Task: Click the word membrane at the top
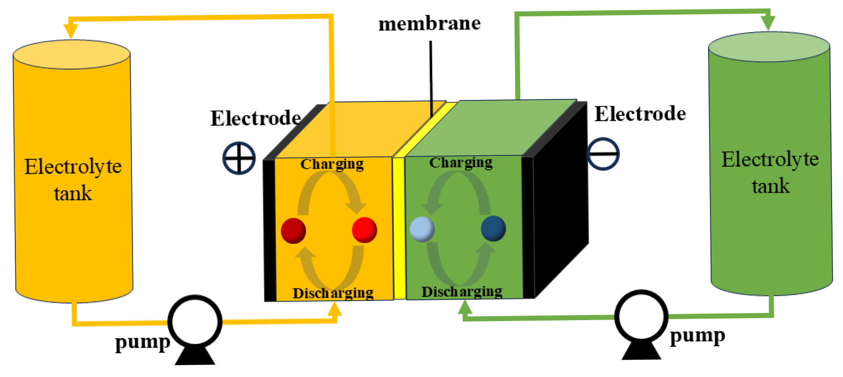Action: [429, 24]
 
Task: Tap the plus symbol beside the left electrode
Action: [239, 158]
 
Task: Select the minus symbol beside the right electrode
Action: [603, 154]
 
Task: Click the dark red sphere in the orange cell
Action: [293, 231]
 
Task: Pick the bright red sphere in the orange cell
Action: [364, 230]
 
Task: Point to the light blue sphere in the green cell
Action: [422, 229]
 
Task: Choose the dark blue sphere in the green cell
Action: [493, 229]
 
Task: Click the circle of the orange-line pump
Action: [195, 322]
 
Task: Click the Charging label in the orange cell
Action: [332, 164]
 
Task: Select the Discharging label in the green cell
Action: [462, 292]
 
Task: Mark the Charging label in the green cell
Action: [461, 162]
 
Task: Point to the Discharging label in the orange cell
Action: [333, 293]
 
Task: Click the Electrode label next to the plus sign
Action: [256, 118]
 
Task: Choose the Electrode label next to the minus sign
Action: [640, 114]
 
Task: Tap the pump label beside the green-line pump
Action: [697, 336]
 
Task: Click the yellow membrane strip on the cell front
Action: [399, 228]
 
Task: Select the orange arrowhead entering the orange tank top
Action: [71, 31]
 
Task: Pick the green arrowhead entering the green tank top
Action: [768, 23]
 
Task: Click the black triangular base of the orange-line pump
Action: [195, 356]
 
